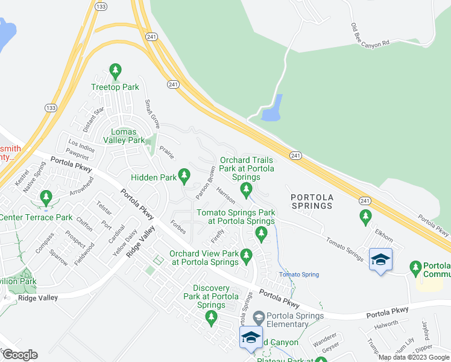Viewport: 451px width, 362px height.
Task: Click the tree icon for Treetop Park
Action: (x=115, y=72)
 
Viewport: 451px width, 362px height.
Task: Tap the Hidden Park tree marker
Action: (x=184, y=177)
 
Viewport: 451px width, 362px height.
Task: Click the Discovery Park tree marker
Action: (x=210, y=317)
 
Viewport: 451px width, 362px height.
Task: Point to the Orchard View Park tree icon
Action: (x=246, y=257)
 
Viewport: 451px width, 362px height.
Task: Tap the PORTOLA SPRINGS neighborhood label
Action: (x=311, y=202)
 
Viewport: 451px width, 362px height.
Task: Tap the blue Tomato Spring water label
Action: (x=298, y=275)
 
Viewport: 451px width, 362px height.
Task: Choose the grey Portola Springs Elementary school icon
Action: (x=258, y=316)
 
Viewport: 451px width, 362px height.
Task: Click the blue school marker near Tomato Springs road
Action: (x=380, y=260)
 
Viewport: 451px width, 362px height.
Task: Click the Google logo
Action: (x=19, y=354)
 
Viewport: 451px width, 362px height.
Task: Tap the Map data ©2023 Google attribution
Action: (x=413, y=357)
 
